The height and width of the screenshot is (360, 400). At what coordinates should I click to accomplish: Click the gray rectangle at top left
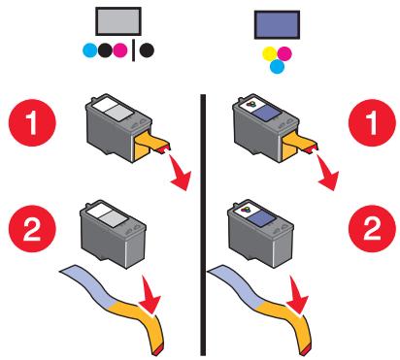(118, 21)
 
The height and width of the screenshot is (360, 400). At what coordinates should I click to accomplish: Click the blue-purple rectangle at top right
(277, 24)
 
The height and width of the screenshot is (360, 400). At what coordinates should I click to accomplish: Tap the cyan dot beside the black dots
(90, 50)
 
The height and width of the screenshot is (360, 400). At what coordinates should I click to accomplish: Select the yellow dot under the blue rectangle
(270, 53)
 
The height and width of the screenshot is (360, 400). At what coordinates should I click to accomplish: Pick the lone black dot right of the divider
(147, 50)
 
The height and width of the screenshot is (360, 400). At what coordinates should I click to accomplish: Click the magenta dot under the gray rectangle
(119, 50)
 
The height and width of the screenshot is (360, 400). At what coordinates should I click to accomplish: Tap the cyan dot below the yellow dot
(277, 66)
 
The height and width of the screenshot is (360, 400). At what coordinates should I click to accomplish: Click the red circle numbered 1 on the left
(32, 122)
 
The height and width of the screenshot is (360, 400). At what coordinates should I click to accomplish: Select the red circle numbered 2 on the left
(32, 229)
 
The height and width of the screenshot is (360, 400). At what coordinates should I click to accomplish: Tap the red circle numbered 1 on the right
(372, 122)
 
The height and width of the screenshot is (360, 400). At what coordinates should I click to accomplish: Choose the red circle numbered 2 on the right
(372, 229)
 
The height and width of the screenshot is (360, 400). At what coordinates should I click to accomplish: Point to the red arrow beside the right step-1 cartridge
(327, 173)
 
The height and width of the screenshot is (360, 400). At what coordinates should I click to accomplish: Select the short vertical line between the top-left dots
(133, 50)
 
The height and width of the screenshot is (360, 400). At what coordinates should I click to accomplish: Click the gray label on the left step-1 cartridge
(119, 114)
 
